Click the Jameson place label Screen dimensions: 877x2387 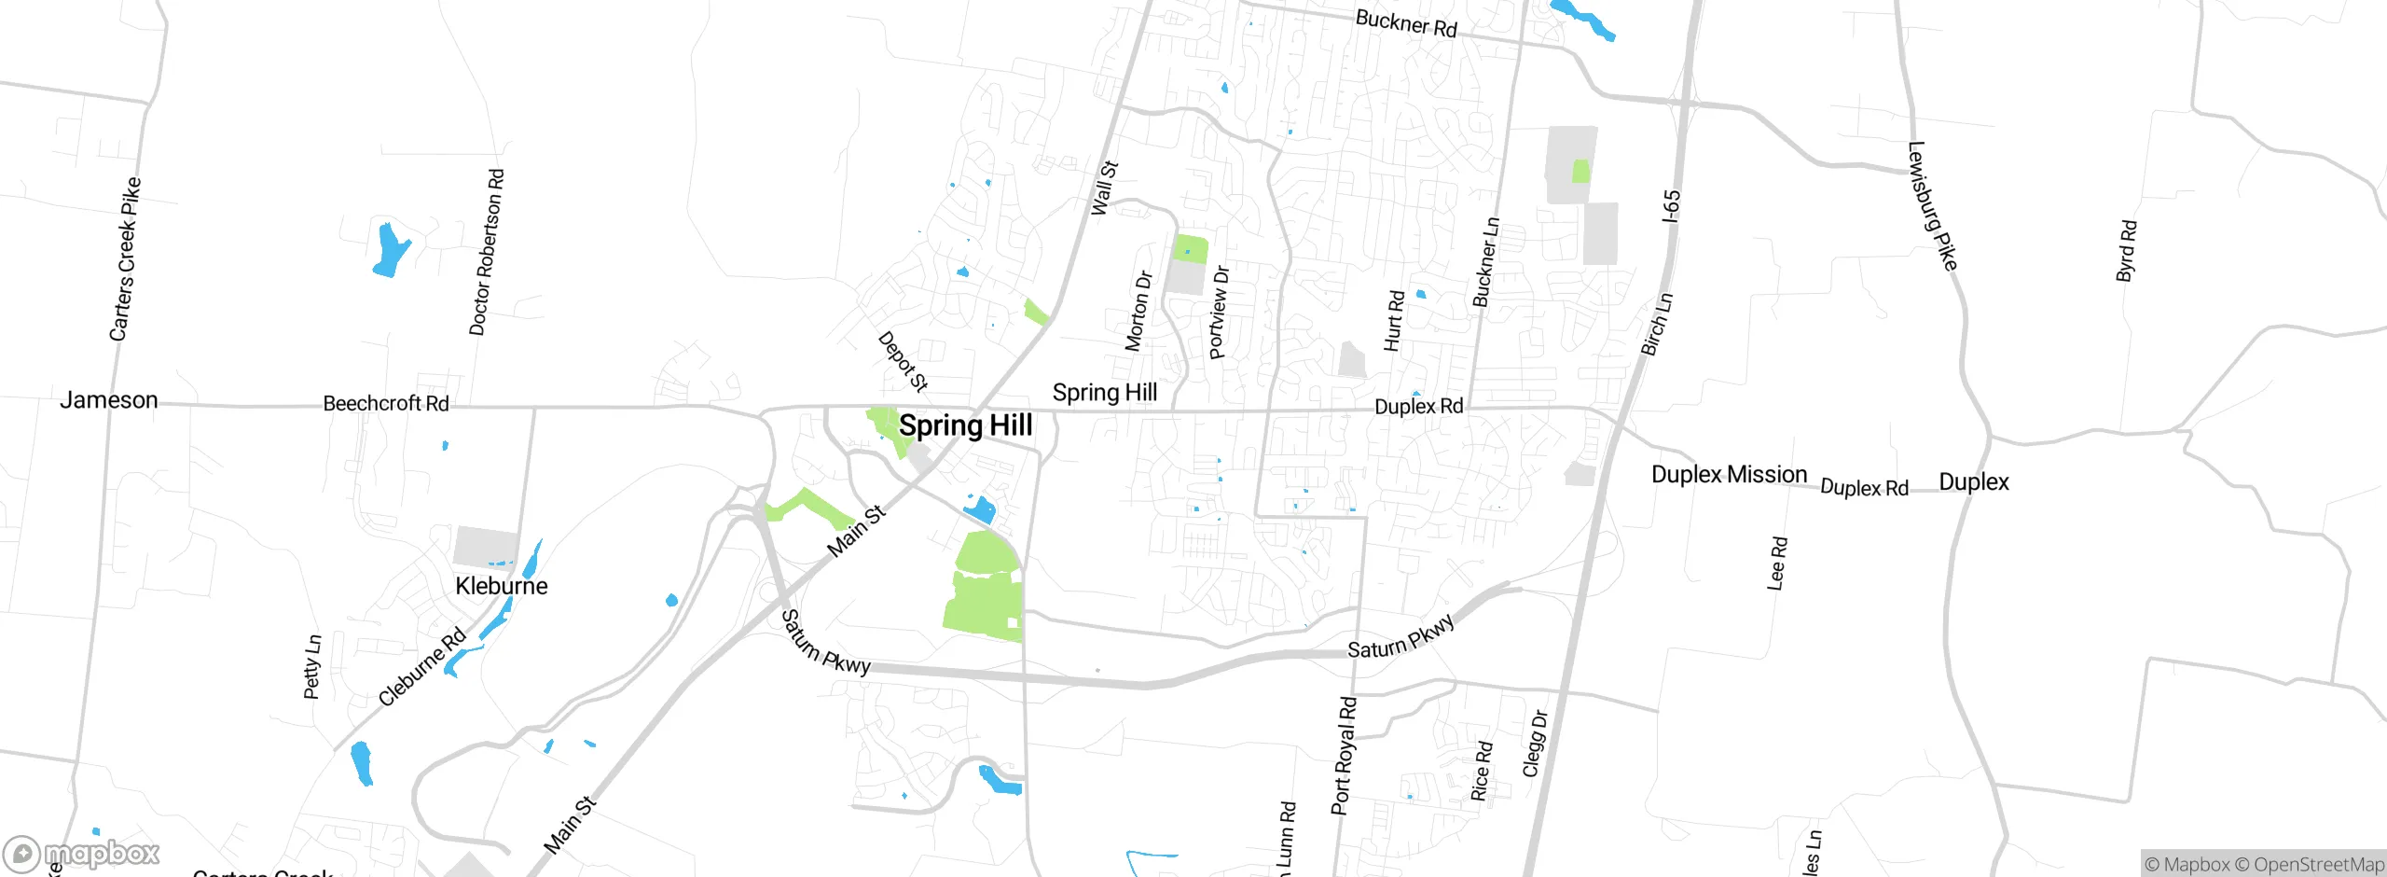[109, 400]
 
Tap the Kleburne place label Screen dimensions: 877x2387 [502, 586]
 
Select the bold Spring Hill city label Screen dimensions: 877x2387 [965, 425]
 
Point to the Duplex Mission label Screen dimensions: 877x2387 [1729, 474]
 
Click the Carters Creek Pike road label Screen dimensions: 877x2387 [125, 259]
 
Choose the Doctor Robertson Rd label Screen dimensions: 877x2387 [487, 252]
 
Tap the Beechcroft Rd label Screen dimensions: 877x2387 [386, 403]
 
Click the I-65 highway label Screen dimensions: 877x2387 [1672, 206]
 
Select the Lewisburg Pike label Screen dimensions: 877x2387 [1932, 206]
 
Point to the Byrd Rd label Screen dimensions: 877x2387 [2126, 250]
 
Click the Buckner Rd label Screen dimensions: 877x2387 [1406, 23]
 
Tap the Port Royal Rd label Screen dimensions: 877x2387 [1344, 756]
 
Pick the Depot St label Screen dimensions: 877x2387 [903, 361]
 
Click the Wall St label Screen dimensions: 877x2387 [1105, 188]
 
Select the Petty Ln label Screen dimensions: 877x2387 [312, 666]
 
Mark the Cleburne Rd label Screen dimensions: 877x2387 [422, 666]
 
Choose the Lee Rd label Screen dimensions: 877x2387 [1777, 563]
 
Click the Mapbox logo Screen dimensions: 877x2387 [82, 854]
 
